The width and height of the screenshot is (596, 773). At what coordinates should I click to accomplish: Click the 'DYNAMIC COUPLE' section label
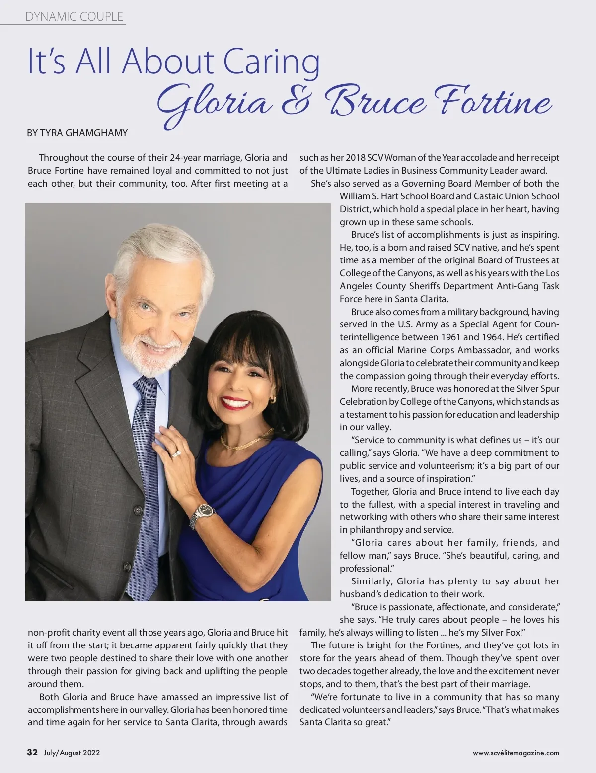[x=74, y=17]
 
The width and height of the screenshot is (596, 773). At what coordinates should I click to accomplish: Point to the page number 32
[x=32, y=752]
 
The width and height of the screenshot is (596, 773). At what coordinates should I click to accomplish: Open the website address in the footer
[x=516, y=753]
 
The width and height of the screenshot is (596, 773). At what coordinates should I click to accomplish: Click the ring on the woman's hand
[x=175, y=453]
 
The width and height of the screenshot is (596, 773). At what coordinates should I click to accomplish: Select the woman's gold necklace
[x=246, y=440]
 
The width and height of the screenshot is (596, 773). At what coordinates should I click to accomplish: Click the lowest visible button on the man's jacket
[x=128, y=566]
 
